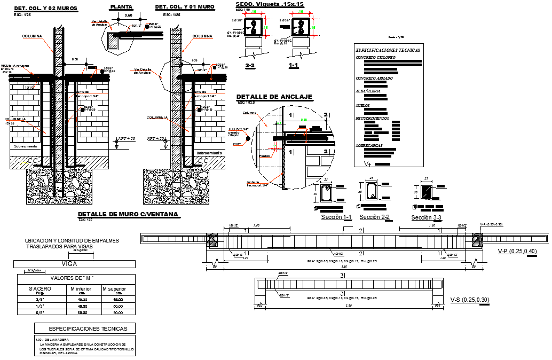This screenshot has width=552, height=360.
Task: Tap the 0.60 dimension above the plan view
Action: [128, 15]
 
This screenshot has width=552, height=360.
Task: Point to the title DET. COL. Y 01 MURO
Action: [184, 7]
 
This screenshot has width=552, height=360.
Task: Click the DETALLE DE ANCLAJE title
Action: [274, 97]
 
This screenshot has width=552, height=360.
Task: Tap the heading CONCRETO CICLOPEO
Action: [376, 57]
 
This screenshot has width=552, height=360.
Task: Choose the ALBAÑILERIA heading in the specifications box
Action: [368, 91]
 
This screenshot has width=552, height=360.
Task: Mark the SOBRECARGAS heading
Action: [370, 145]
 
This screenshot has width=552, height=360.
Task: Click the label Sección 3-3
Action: [426, 217]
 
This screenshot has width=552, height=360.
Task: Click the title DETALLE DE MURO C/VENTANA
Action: [128, 214]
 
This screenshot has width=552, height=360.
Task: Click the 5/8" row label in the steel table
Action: [40, 312]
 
